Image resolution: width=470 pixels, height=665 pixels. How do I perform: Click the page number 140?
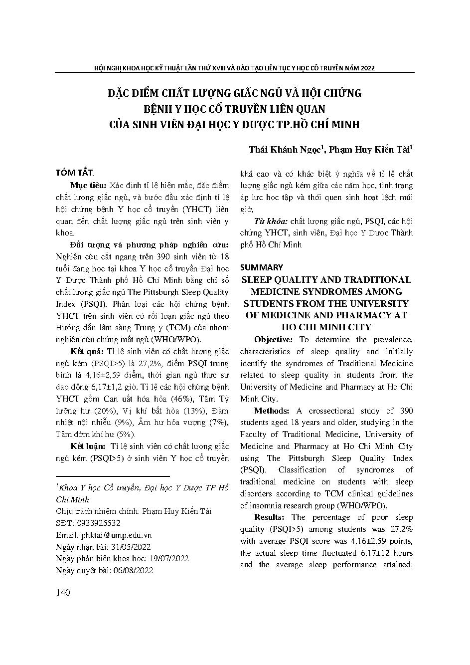click(63, 593)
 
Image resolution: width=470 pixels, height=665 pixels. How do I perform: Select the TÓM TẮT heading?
click(74, 173)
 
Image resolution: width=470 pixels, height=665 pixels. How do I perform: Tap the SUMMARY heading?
click(262, 267)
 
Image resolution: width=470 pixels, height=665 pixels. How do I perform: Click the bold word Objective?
click(276, 340)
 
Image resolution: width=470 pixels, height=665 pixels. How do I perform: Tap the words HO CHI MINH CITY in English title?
click(326, 327)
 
